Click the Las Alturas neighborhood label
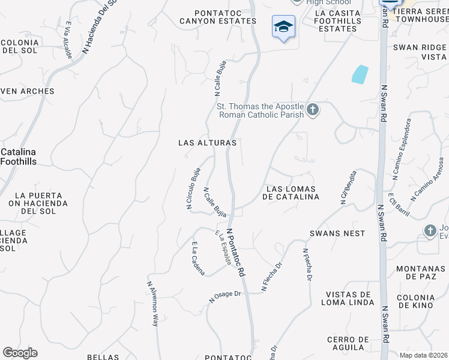[x=208, y=143]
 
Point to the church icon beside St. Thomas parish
[x=312, y=110]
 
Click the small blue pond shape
[x=360, y=74]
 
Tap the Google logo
[x=20, y=352]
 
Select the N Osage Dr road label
[x=224, y=296]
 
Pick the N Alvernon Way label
[x=154, y=304]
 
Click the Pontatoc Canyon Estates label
[x=217, y=17]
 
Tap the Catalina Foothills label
[x=18, y=157]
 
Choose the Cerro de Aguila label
[x=348, y=343]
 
